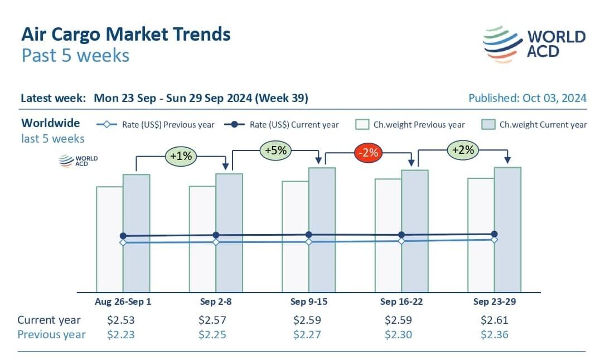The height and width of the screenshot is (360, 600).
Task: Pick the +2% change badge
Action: pos(462,149)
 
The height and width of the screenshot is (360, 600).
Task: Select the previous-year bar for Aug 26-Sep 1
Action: pos(109,267)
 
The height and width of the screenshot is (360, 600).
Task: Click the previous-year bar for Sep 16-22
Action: pos(388,267)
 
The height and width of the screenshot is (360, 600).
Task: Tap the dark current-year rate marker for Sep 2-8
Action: pos(216,235)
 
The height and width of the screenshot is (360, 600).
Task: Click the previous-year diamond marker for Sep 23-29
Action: pos(494,240)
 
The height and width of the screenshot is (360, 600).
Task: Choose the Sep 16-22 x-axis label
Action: pos(401,301)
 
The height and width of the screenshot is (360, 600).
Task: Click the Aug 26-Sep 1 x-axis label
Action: pos(123,301)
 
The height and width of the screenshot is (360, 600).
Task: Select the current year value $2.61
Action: pos(494,320)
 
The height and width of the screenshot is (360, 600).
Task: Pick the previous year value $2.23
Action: pos(121,334)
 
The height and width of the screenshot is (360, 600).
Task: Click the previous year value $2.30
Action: pos(399,334)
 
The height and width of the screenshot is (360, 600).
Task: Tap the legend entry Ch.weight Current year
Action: pos(534,125)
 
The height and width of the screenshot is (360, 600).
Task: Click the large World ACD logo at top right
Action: pos(535,43)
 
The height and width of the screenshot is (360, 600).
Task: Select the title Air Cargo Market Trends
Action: pos(125,35)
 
